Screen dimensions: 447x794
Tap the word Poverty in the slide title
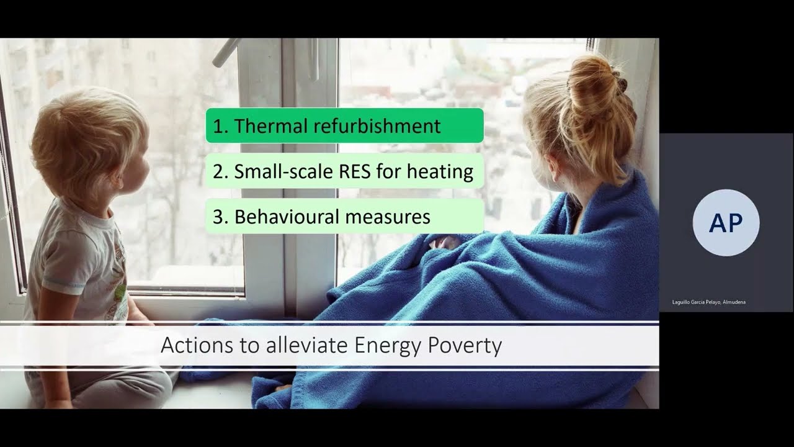click(465, 345)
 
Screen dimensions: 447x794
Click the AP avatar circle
click(726, 223)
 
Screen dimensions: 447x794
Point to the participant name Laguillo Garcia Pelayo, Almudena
click(708, 302)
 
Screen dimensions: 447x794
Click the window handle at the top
click(226, 53)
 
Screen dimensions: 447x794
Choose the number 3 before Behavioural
click(218, 217)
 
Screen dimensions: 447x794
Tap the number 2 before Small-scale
click(218, 171)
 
